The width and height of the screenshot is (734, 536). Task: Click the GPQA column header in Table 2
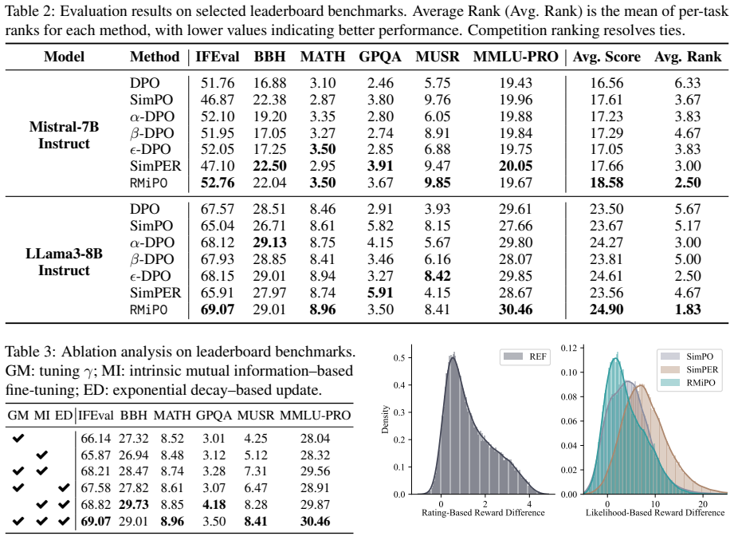point(379,57)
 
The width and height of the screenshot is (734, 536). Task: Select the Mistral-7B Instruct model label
point(64,135)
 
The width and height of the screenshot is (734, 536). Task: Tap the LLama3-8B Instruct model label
point(64,262)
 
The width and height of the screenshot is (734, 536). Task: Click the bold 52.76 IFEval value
point(218,183)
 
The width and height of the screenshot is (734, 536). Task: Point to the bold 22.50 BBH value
point(269,166)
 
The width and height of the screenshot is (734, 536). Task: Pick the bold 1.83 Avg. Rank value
point(688,309)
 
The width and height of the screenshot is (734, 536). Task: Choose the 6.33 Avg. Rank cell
point(688,83)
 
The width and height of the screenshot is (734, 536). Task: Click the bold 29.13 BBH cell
point(269,242)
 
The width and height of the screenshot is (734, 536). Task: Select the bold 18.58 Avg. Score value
point(606,183)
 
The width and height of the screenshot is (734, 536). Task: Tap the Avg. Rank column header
point(688,57)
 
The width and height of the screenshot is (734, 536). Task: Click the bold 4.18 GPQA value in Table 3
point(214,505)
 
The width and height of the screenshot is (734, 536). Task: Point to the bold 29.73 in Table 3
point(133,505)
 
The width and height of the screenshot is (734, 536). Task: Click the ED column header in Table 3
point(64,415)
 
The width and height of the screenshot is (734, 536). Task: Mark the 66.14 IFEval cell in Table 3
point(96,439)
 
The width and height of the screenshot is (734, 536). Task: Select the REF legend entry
point(524,357)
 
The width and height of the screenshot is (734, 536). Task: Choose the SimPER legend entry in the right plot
point(688,369)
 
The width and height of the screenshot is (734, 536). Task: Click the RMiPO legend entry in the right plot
point(688,383)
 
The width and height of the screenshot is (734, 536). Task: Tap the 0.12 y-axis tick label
point(569,348)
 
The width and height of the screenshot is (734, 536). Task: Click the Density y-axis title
point(385,420)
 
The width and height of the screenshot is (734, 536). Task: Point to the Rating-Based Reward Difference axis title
point(483,513)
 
